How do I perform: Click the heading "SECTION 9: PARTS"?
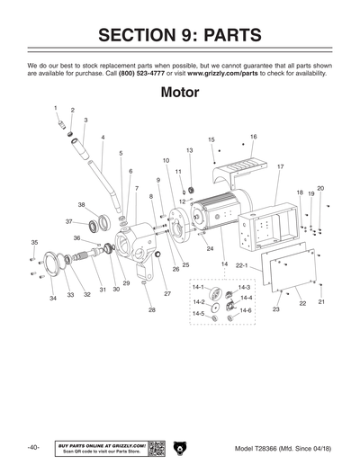180,35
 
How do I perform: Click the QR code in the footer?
155,447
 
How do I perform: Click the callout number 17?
281,167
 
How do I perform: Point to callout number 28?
151,310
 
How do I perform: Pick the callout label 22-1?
241,266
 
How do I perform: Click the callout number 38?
81,205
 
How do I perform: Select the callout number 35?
34,243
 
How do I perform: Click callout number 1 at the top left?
56,108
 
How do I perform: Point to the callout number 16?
254,137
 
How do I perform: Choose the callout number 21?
321,302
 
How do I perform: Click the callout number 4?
103,138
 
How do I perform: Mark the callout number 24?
210,248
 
